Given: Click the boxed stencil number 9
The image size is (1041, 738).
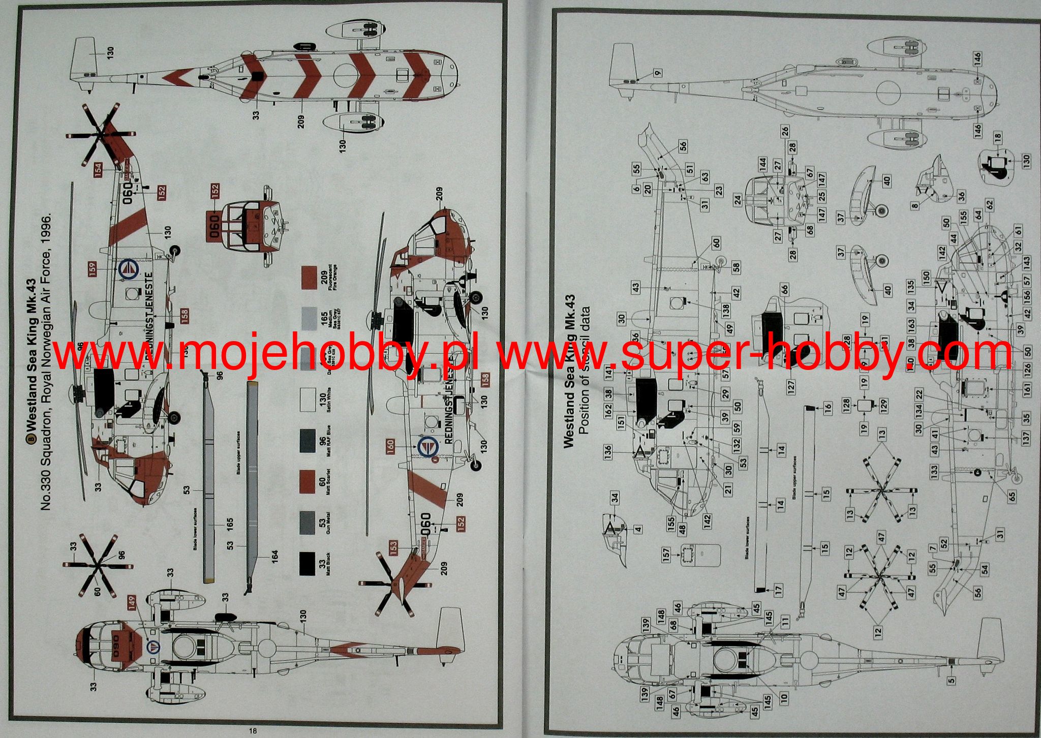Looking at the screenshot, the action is [x=658, y=73].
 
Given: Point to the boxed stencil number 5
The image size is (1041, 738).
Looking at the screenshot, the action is [x=952, y=680].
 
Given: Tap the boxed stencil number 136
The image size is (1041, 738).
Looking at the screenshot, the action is [x=608, y=451].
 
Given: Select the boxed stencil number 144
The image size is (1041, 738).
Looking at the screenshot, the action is [x=762, y=164].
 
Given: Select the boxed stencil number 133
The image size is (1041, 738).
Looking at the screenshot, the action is [x=934, y=473].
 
